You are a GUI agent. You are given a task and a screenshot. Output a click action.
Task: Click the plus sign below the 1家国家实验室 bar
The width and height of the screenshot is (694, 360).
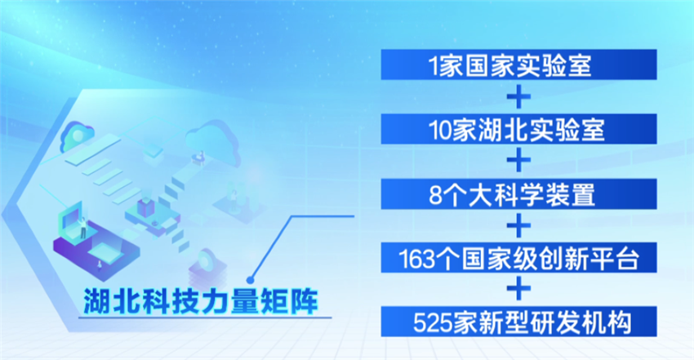pyautogui.click(x=518, y=98)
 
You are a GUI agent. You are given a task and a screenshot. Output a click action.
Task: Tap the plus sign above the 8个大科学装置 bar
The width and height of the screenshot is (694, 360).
pyautogui.click(x=518, y=161)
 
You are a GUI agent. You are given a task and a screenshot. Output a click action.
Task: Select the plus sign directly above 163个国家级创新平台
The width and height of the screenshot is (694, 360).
pyautogui.click(x=518, y=224)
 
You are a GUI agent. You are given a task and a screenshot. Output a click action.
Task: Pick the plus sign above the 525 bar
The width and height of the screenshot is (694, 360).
pyautogui.click(x=518, y=287)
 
